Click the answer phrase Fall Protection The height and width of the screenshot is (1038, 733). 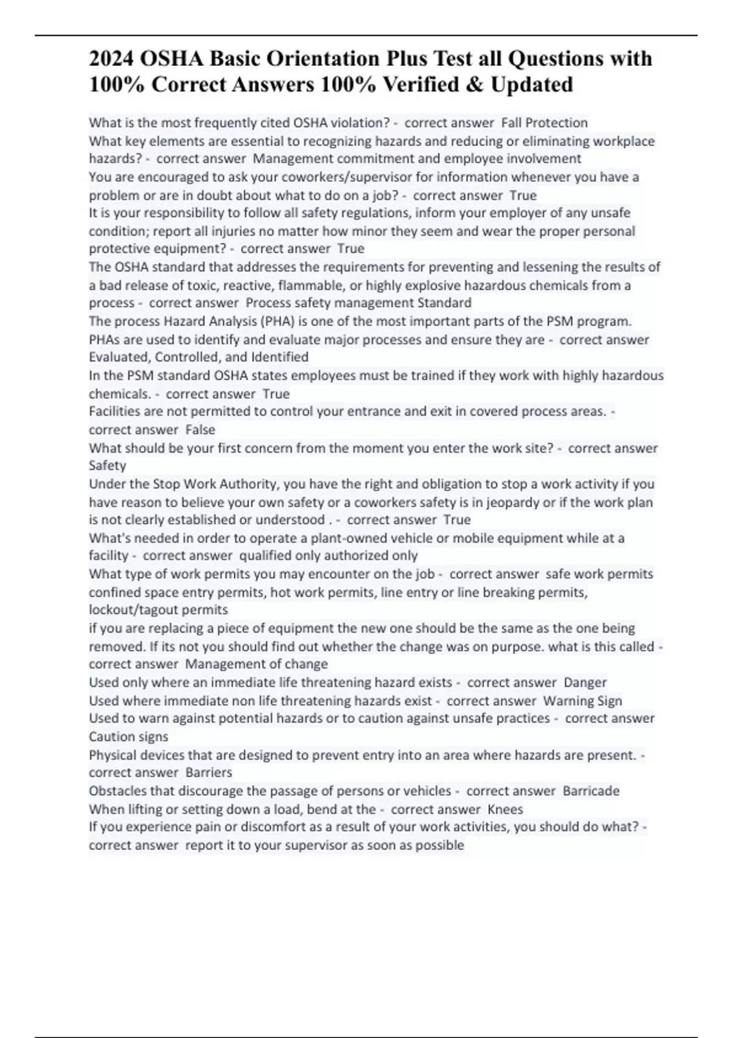[544, 123]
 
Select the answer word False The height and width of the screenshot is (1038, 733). [200, 430]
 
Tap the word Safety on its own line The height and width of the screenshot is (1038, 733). [108, 465]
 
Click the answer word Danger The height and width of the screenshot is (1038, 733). [585, 682]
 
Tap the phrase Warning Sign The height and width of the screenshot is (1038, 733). [583, 700]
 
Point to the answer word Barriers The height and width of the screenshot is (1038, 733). [209, 772]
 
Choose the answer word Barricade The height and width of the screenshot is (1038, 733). [591, 791]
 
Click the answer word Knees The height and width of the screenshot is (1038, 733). [506, 809]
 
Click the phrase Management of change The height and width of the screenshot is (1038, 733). [257, 664]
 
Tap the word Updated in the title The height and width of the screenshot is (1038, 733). [531, 84]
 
